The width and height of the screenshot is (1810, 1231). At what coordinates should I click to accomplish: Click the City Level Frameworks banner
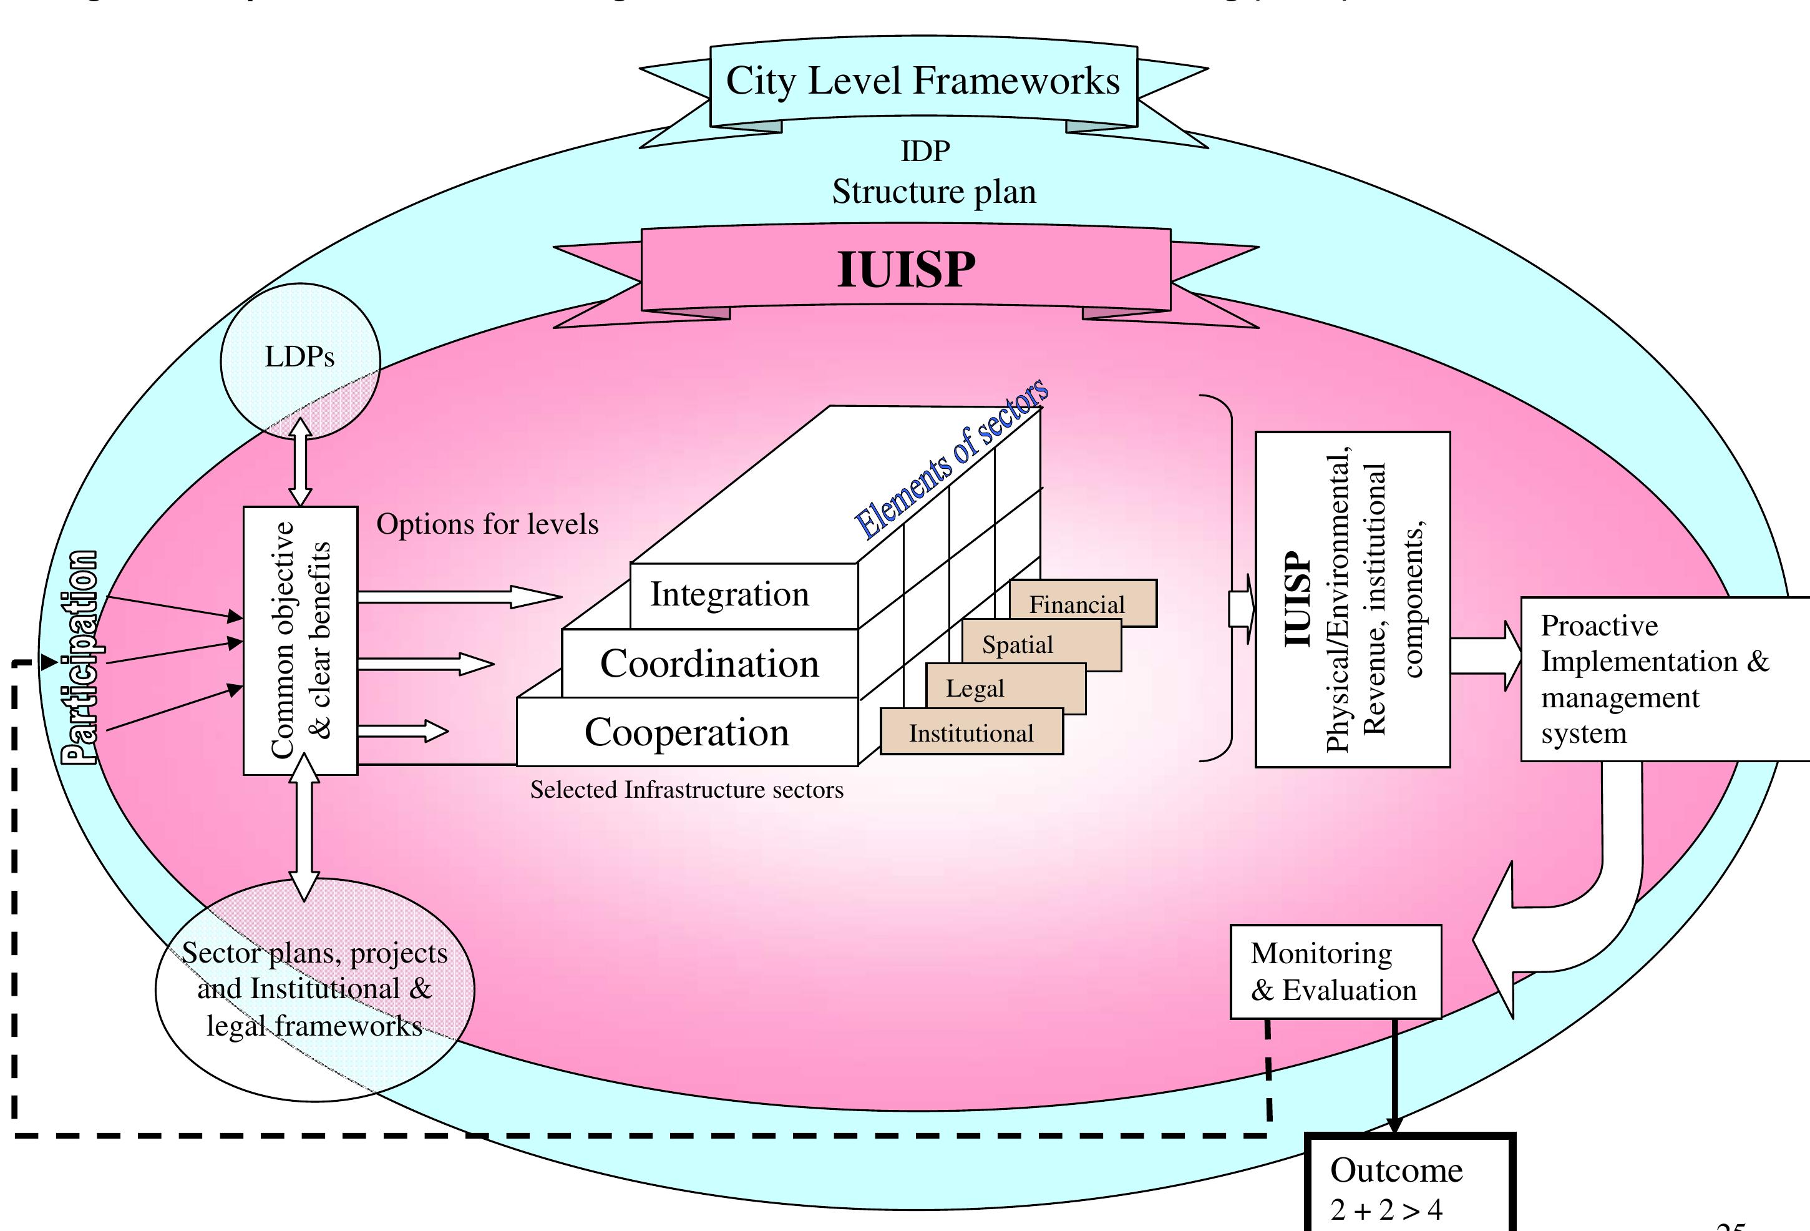(x=923, y=82)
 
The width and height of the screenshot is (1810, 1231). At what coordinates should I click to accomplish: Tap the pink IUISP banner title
(x=906, y=270)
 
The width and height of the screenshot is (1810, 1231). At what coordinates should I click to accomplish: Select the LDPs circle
(x=300, y=358)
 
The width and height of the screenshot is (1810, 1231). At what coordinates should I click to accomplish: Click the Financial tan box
(x=1083, y=604)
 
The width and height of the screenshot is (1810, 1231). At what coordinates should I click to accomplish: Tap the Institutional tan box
(x=971, y=733)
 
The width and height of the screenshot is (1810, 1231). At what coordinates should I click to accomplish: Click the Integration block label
(x=730, y=594)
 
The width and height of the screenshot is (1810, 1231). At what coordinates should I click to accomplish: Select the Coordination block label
(x=709, y=664)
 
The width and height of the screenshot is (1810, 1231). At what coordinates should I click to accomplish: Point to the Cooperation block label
(x=687, y=732)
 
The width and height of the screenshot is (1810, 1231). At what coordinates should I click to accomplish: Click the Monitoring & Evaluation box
(x=1335, y=971)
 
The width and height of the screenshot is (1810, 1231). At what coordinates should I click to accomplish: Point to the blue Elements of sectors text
(x=951, y=459)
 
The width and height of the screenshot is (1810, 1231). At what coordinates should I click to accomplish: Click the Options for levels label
(x=487, y=524)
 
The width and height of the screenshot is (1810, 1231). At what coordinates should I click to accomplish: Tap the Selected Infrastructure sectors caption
(x=686, y=790)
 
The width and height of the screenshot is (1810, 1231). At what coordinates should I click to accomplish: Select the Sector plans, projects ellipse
(x=314, y=989)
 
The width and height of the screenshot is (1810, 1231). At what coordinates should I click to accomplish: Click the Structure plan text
(x=934, y=192)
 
